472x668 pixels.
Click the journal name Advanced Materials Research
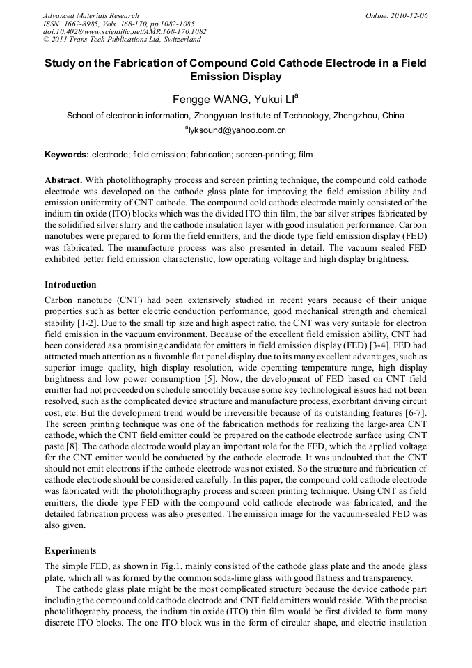[91, 15]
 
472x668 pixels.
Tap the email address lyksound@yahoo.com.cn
[236, 130]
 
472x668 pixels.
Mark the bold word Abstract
[63, 180]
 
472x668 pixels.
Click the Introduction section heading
[70, 285]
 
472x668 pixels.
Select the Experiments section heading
[70, 550]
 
